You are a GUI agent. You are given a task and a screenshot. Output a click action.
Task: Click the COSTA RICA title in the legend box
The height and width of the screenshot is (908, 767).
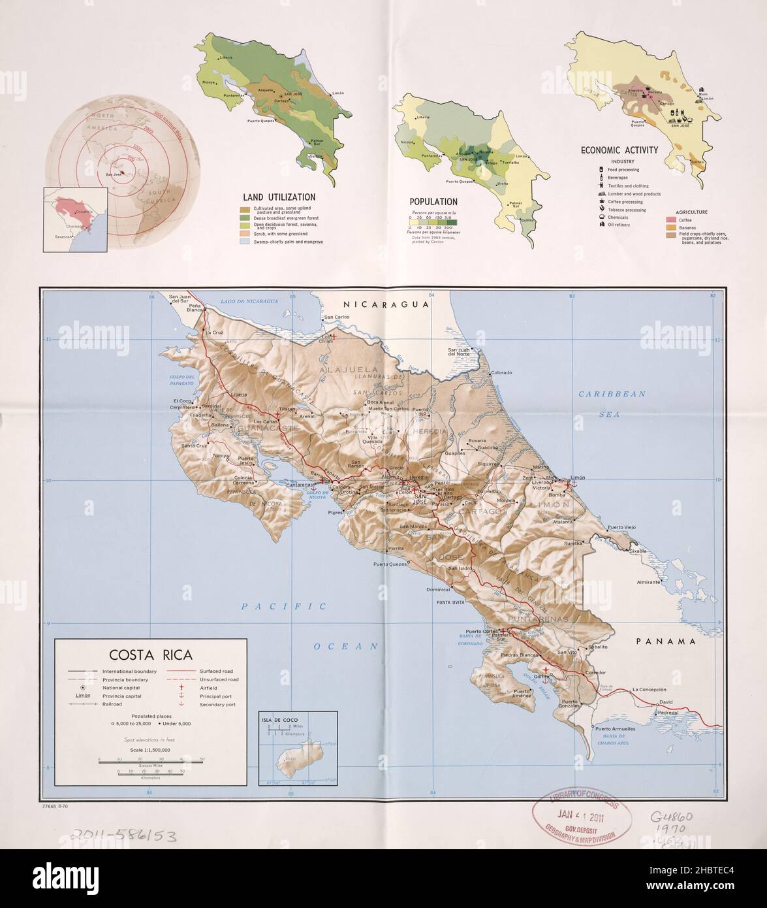[x=150, y=655]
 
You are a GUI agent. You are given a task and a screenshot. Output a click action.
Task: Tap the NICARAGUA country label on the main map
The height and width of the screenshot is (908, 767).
[x=386, y=304]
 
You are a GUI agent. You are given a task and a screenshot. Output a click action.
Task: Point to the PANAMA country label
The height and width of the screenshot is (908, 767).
[x=666, y=641]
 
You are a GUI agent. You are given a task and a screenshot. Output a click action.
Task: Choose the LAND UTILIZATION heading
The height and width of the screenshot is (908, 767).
[x=279, y=197]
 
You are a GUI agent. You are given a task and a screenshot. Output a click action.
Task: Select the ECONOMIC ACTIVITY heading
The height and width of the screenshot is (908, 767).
[x=619, y=150]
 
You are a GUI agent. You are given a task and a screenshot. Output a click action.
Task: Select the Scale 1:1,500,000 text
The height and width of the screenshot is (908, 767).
[x=150, y=750]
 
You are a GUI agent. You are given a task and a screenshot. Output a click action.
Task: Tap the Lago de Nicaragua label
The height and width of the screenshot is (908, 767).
[x=250, y=301]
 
